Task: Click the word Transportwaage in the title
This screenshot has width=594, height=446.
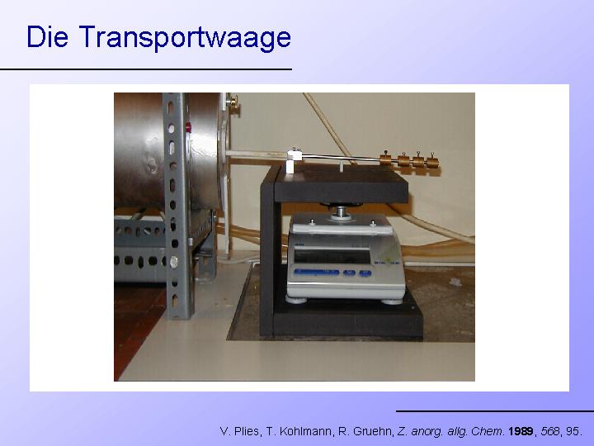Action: (185, 37)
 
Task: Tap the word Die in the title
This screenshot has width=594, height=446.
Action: (47, 37)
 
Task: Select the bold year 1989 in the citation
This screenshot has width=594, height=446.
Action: (521, 431)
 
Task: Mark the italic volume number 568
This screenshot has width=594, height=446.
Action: (549, 431)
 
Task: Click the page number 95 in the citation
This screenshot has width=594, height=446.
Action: (572, 431)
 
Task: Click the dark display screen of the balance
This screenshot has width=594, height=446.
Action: (332, 256)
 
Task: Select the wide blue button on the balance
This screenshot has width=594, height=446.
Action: (317, 272)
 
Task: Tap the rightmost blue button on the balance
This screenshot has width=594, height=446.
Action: (365, 273)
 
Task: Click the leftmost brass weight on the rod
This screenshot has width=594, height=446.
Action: (386, 158)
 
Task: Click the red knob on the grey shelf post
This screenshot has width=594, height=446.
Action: (188, 127)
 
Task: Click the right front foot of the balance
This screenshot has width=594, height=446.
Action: (392, 301)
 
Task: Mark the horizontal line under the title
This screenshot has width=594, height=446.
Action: (146, 69)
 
